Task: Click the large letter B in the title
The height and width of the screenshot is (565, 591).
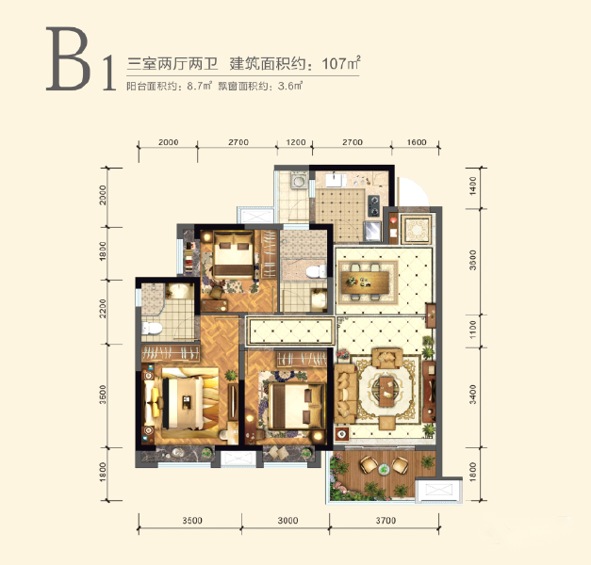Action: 69,58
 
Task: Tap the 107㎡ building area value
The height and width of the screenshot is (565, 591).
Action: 341,63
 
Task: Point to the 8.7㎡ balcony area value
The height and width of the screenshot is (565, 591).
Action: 200,86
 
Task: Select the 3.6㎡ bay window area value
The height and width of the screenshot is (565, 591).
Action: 290,86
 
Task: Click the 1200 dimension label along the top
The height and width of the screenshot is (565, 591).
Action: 296,142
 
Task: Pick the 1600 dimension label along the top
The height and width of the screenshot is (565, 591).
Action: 417,142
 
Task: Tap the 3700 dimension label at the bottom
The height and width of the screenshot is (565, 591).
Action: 386,521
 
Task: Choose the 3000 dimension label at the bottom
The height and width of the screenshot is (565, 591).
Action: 287,521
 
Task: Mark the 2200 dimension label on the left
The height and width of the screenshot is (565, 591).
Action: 103,309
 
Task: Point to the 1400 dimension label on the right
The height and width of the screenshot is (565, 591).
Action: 473,186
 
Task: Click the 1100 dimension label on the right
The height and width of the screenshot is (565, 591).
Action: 473,330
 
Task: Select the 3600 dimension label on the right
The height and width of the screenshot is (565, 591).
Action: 473,260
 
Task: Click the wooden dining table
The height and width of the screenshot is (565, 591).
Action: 365,282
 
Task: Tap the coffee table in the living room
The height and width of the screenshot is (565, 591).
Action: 386,392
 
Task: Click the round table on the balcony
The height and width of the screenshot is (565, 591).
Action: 384,469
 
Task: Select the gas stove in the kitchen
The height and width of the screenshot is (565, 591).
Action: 373,206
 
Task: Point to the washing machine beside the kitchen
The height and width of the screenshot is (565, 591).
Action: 299,181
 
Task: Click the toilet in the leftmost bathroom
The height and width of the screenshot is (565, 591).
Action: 152,329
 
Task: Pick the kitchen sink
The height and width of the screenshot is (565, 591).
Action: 337,180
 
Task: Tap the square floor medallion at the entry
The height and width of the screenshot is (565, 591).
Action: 416,228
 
